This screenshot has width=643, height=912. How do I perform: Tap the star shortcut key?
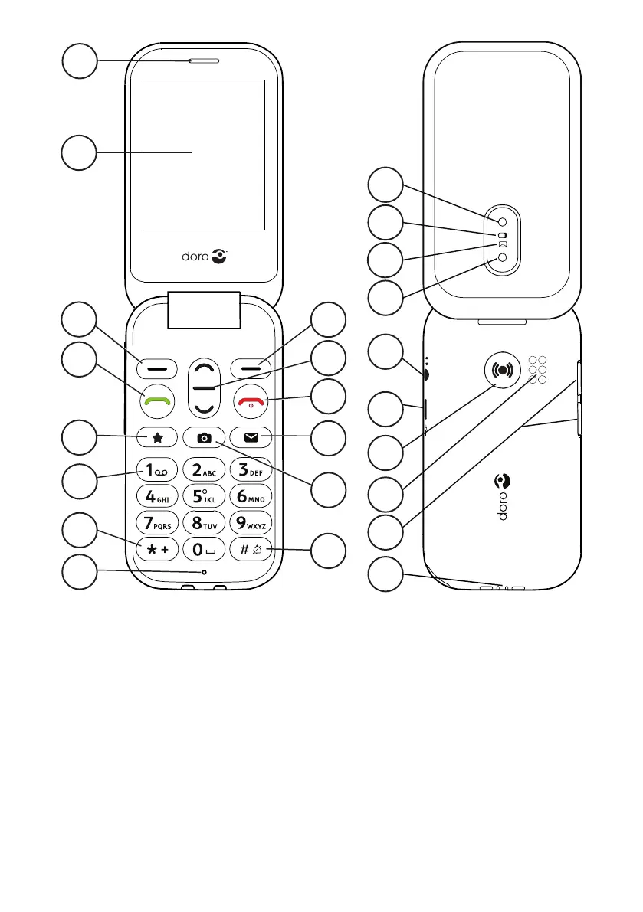click(x=157, y=438)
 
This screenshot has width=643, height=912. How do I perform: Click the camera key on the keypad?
click(x=204, y=438)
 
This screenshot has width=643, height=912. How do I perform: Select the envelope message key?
click(x=251, y=438)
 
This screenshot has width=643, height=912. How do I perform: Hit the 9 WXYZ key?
click(x=251, y=525)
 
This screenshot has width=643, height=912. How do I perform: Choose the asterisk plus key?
click(x=157, y=551)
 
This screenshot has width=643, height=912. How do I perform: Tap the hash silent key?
click(x=251, y=551)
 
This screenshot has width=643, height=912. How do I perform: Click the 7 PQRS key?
click(x=157, y=525)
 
